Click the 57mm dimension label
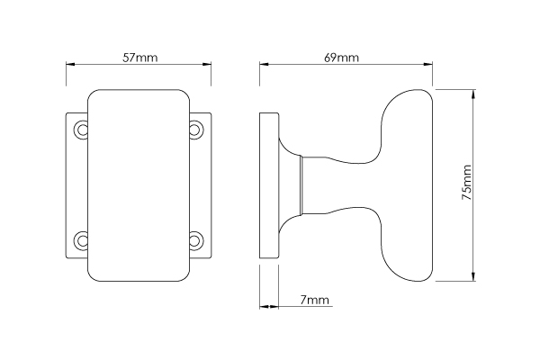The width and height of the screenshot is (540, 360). (140, 58)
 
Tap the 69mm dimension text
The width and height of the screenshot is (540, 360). (341, 58)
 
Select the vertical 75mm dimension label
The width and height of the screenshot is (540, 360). (466, 183)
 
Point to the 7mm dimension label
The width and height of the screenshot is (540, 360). (314, 300)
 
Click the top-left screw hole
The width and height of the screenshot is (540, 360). (82, 130)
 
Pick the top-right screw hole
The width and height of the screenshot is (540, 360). (195, 130)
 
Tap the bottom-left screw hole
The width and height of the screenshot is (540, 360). (82, 240)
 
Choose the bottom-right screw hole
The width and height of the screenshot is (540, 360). (195, 240)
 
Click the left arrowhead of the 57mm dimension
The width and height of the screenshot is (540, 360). (70, 64)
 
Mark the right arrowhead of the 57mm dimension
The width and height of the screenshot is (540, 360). (207, 64)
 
